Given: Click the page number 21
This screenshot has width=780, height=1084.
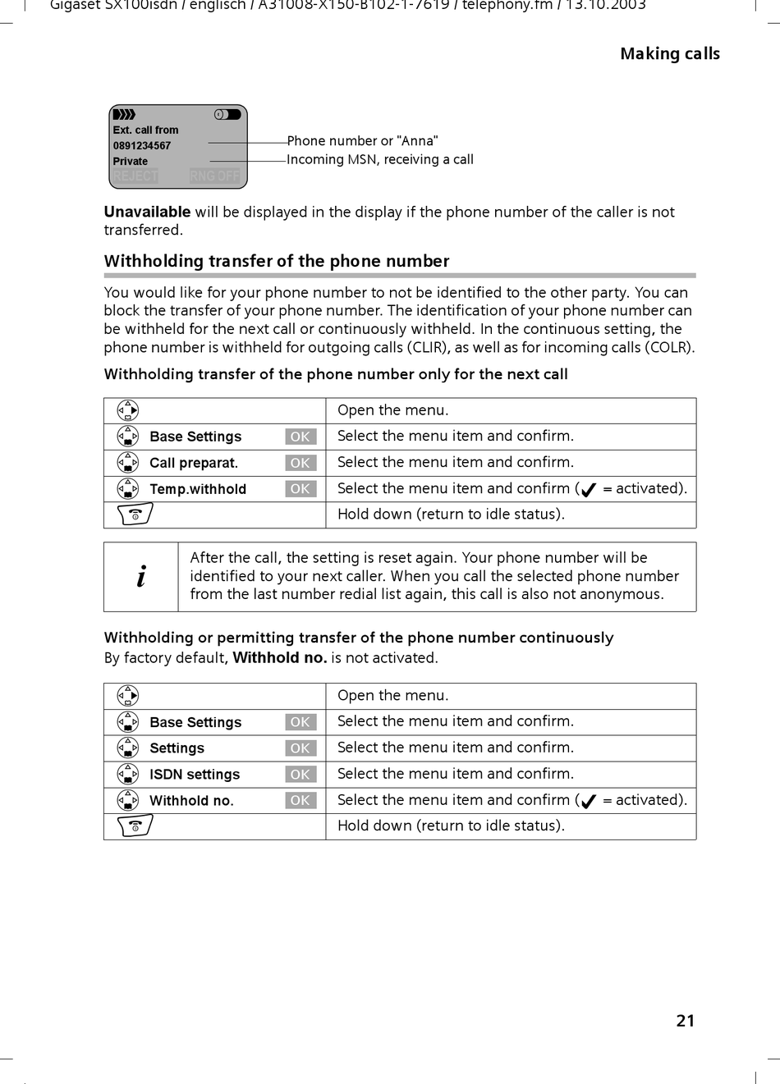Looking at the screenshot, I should click(686, 1021).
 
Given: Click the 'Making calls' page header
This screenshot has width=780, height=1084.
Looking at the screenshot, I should click(669, 54).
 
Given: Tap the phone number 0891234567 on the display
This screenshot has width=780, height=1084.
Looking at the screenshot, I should click(142, 146).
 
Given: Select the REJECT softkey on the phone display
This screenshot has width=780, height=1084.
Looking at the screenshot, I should click(135, 176).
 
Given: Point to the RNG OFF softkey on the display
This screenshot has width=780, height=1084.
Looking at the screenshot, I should click(214, 176).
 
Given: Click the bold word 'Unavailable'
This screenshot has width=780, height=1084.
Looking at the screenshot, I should click(147, 213).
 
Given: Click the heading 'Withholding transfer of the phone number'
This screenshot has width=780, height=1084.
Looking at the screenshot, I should click(277, 262).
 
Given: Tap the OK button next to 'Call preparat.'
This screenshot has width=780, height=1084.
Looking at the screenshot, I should click(301, 463).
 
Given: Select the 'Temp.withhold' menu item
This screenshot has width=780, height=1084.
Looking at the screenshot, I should click(198, 489).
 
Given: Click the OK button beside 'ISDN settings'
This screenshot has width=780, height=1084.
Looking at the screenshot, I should click(301, 775).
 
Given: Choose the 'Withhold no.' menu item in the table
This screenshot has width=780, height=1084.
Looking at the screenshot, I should click(191, 801).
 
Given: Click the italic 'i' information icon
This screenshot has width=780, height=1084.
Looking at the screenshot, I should click(141, 577).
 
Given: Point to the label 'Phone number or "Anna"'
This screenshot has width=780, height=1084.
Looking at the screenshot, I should click(362, 141).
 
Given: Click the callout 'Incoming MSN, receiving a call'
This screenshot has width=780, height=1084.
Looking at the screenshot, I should click(380, 160).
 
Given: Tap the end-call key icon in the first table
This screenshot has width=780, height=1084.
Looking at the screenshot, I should click(135, 515).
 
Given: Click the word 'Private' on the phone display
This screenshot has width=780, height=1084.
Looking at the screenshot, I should click(131, 162).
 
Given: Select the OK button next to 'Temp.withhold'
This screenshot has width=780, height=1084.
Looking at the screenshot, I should click(301, 489).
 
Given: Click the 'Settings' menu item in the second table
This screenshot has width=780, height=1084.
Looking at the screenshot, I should click(177, 748).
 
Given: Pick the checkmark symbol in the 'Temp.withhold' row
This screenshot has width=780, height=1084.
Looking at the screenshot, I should click(588, 490).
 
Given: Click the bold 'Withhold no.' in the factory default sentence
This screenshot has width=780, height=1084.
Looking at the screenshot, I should click(279, 658).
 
